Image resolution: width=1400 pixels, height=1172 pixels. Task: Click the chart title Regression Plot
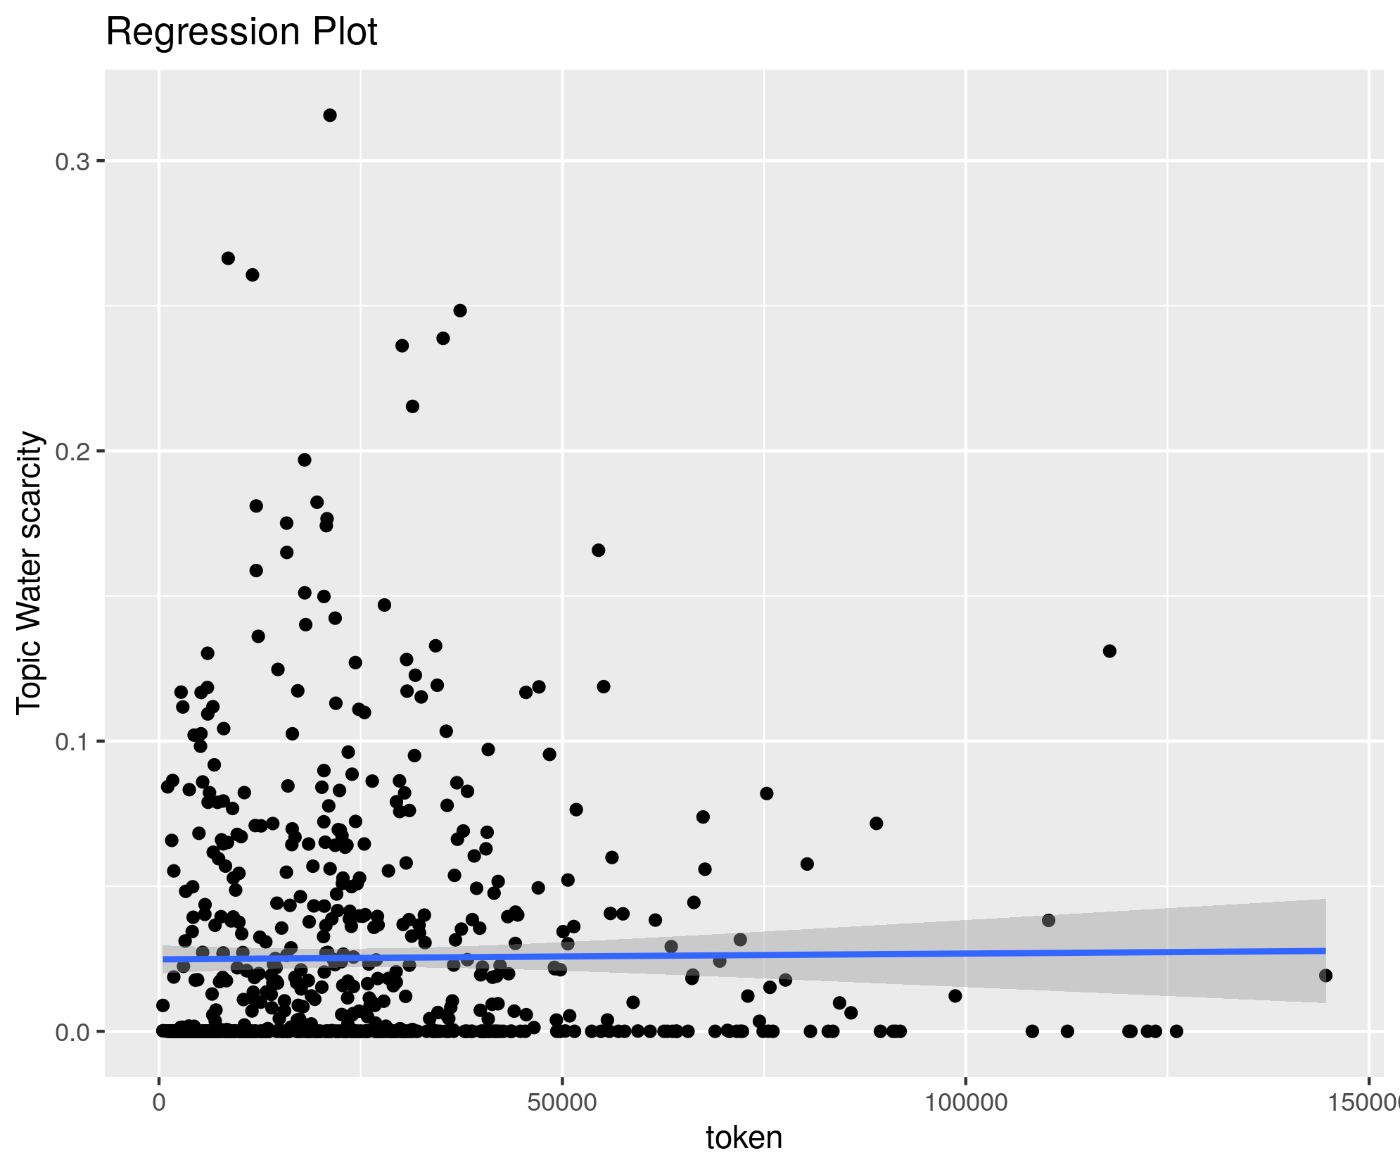coord(241,32)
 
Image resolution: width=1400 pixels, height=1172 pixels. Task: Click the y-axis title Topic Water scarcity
coord(30,574)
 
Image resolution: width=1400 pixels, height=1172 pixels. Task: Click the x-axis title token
coord(744,1138)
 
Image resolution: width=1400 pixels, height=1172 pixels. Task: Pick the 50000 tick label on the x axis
coord(561,1102)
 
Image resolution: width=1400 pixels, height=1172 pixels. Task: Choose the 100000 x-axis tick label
coord(965,1102)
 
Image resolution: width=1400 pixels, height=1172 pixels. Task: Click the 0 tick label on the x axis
coord(160,1102)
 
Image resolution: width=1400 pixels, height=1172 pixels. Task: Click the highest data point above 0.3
coord(330,115)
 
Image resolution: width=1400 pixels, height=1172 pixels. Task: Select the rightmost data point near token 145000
coord(1325,976)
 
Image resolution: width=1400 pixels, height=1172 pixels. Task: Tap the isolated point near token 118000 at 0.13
coord(1109,651)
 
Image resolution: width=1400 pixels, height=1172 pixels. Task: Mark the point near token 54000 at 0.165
coord(598,550)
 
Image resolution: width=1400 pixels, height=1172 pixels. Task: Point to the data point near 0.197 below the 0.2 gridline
coord(305,460)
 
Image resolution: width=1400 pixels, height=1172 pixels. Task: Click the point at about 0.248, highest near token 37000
coord(460,310)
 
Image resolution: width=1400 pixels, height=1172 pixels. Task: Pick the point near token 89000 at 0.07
coord(876,824)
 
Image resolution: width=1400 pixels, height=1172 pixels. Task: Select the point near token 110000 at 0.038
coord(1048,920)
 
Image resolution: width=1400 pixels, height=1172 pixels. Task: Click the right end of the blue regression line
coord(1325,951)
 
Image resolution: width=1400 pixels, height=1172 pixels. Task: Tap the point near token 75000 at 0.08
coord(767,793)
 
